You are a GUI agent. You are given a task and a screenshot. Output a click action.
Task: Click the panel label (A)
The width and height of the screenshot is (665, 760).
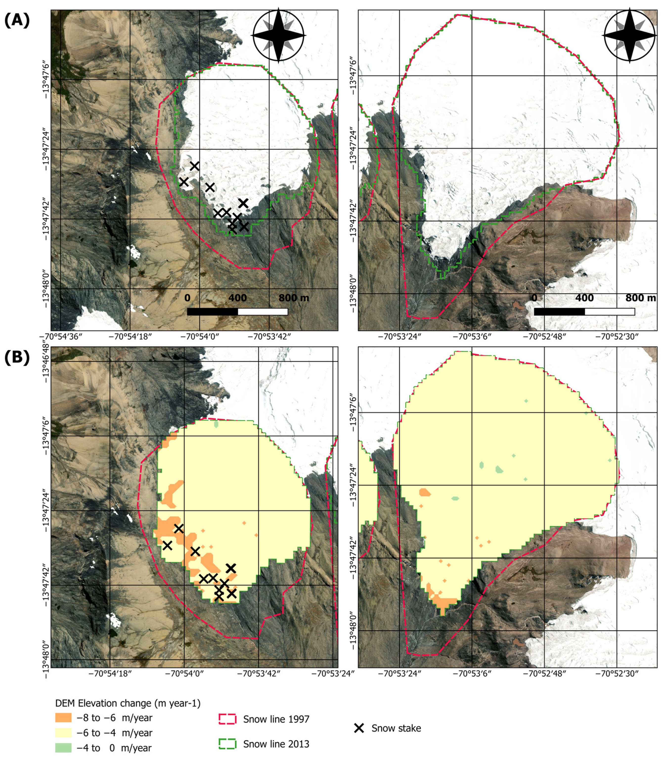pos(17,21)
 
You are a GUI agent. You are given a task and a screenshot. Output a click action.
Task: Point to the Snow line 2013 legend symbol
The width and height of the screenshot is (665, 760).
pos(227,744)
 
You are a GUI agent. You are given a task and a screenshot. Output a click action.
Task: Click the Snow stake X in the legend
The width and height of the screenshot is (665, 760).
pos(359,728)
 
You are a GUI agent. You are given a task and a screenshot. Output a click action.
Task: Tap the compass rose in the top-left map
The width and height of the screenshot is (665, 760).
pos(278,35)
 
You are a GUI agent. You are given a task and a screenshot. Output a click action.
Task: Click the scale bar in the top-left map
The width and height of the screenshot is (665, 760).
pos(238,312)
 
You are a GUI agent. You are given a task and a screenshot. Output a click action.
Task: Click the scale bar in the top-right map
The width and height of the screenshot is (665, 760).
pos(584,312)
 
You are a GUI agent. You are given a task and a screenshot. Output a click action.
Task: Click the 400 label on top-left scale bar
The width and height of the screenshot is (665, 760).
pos(238,298)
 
